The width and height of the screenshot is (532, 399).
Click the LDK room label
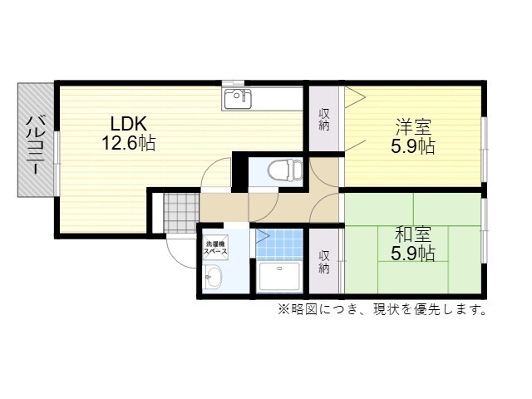[129, 124]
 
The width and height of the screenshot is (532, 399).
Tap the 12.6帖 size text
[129, 143]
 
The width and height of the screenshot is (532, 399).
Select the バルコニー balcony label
[35, 145]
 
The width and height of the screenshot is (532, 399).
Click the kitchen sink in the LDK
[237, 99]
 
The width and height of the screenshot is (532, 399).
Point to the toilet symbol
[285, 170]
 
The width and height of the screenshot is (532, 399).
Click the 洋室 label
[413, 127]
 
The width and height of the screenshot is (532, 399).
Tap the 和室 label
[413, 234]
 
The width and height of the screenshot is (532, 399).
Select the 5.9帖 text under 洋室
[412, 146]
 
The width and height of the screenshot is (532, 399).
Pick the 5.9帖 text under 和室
[412, 253]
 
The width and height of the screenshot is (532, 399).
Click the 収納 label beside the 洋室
[324, 120]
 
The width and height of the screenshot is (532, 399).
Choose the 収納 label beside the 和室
[324, 262]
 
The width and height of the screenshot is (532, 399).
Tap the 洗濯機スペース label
[215, 248]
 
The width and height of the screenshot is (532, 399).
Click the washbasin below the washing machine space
[214, 277]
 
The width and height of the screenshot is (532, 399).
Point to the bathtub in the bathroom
[279, 277]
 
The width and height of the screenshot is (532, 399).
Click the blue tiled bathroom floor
[279, 244]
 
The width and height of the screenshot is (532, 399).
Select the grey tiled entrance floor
[181, 213]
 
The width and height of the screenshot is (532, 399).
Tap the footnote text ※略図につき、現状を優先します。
[382, 309]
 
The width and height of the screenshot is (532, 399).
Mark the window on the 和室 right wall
[485, 231]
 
